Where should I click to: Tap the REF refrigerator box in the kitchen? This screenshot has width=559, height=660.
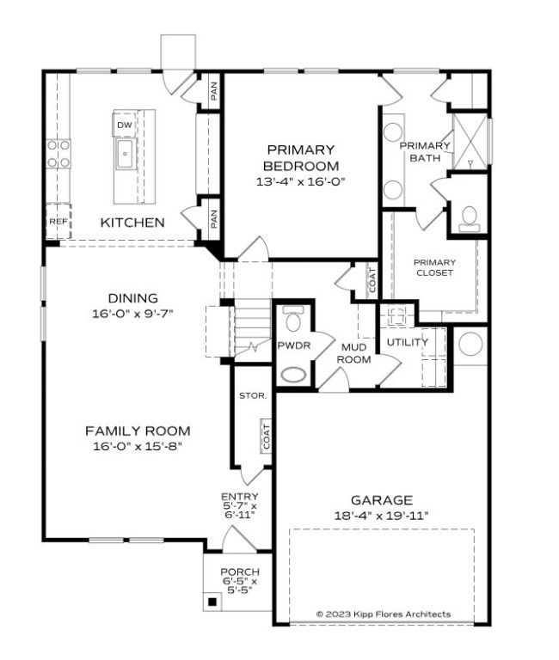(58, 221)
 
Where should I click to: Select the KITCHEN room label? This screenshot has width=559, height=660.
(132, 223)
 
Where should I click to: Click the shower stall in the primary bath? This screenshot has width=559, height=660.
(469, 140)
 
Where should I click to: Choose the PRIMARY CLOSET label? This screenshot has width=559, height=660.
(433, 267)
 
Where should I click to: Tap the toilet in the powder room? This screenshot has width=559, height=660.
(292, 321)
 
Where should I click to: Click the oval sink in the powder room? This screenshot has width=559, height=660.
(293, 375)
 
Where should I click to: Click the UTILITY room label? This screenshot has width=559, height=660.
(407, 342)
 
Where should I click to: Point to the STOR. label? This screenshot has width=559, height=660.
(253, 395)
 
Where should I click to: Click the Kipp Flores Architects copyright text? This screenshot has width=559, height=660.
(383, 614)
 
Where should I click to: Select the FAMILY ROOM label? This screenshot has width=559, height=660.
(138, 431)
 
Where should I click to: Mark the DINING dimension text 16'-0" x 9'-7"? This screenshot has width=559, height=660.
(133, 314)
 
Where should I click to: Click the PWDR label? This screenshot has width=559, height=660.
(292, 345)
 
